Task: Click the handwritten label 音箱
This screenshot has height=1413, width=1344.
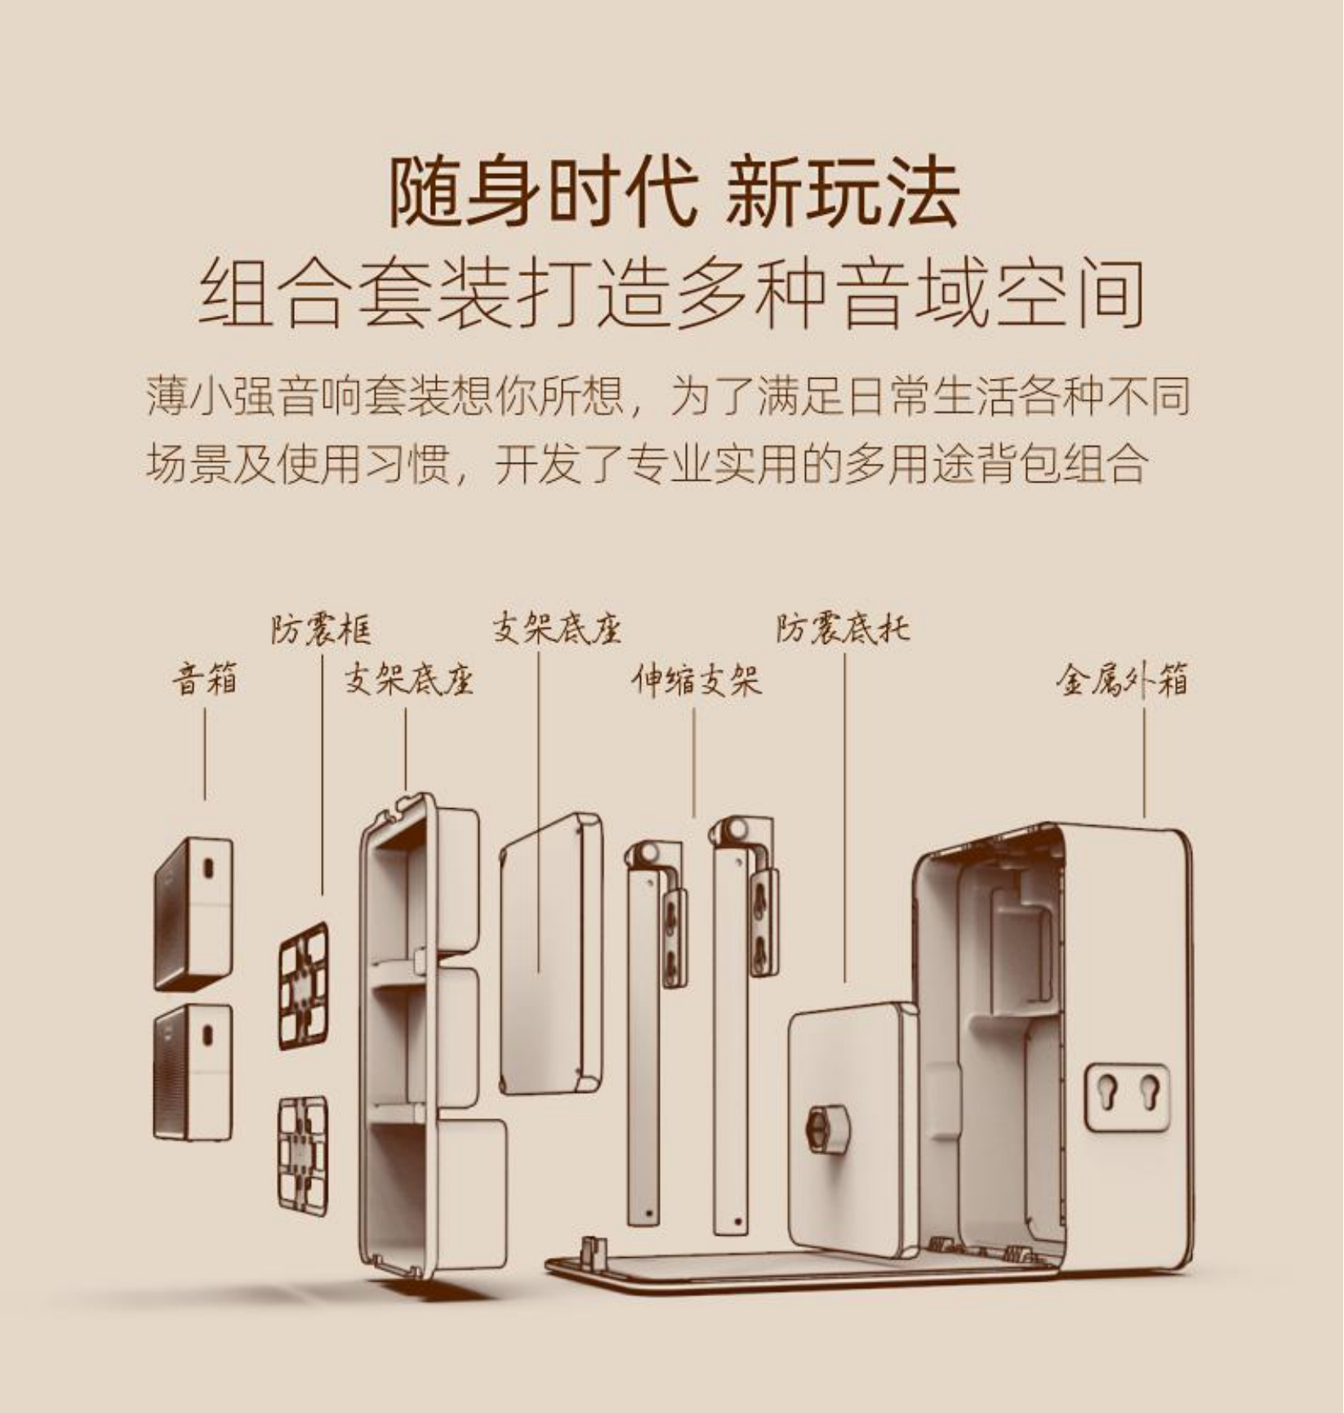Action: coord(204,679)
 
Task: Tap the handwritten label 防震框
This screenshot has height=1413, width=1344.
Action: coord(321,630)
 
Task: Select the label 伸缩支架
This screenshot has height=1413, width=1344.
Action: coord(696,680)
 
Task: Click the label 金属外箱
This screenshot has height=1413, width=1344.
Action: coord(1123,680)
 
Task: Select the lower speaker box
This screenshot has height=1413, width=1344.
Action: coord(194,1071)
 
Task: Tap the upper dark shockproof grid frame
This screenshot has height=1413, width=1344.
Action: coord(304,985)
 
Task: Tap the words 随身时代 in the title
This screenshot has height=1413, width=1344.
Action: coord(542,194)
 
